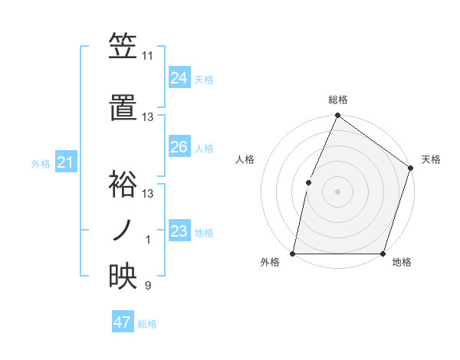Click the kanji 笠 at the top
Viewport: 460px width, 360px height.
click(123, 47)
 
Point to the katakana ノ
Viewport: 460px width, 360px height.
click(123, 229)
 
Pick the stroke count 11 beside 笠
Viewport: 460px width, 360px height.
click(148, 56)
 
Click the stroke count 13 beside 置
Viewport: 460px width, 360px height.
click(148, 117)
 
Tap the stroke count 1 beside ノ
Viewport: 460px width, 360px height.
click(149, 240)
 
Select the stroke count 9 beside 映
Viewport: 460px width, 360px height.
click(148, 286)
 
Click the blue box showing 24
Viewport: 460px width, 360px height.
click(179, 78)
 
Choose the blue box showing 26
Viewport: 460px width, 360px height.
click(179, 147)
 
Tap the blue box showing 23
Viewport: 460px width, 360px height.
click(179, 231)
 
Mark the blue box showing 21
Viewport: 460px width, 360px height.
click(66, 162)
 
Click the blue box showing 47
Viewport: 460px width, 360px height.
click(123, 322)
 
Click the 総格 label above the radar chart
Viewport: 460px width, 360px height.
click(337, 100)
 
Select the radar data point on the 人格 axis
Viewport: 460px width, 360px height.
click(308, 182)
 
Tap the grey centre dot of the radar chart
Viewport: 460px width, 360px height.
click(337, 191)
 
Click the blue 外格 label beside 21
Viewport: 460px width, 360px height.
click(40, 164)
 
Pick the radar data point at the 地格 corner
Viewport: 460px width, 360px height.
click(383, 254)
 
